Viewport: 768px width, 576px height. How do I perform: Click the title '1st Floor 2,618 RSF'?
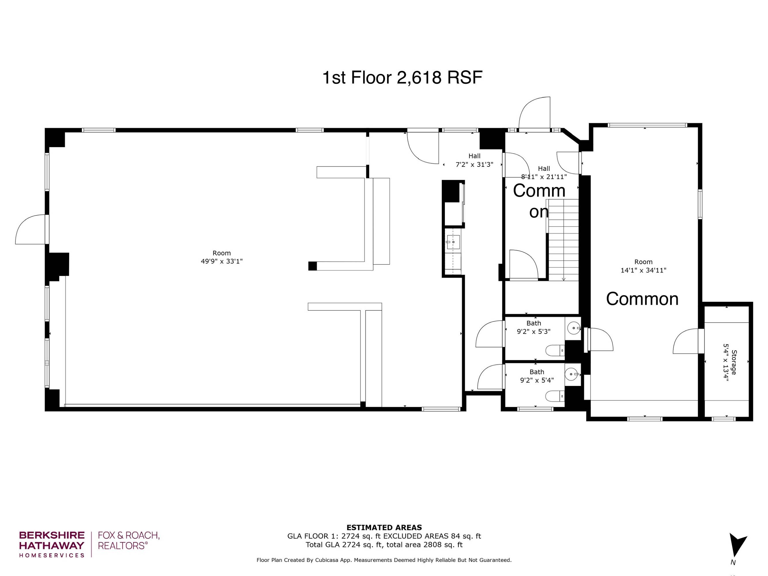(402, 77)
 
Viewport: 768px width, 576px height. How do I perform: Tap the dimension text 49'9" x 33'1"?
(221, 261)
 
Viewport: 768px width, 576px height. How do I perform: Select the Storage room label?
(734, 362)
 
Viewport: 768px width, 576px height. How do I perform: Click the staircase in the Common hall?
(563, 240)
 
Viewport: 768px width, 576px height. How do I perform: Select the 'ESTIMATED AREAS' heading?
(384, 528)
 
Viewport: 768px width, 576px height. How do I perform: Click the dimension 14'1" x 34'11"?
(643, 270)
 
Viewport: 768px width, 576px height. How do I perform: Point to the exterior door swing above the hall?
(535, 113)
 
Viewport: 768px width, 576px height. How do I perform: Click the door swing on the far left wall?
(31, 230)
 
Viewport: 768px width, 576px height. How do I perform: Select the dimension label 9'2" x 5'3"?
(534, 331)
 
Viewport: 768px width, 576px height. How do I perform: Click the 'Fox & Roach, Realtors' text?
(128, 541)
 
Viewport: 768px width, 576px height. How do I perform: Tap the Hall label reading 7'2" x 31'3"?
(474, 164)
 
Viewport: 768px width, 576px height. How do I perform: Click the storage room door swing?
(686, 341)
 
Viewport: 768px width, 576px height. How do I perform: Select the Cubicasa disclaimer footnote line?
(384, 560)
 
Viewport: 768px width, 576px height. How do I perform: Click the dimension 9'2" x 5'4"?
(537, 380)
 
